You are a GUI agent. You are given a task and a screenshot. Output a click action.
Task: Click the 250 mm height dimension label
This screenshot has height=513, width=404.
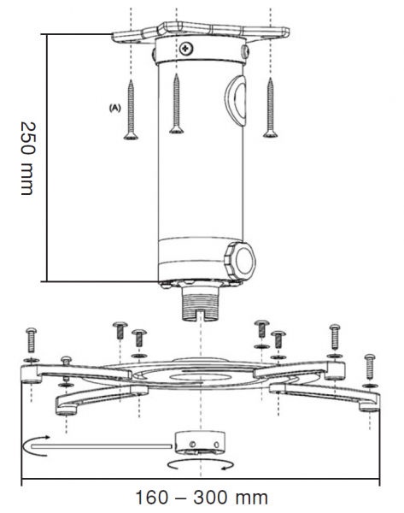(x=26, y=158)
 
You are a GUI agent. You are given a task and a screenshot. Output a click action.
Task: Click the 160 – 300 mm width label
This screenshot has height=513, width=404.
(x=202, y=498)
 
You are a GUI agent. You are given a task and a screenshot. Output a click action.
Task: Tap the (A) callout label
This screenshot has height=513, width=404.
(x=114, y=108)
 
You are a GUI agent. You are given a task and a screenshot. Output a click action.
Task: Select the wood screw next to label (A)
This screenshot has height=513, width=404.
(x=131, y=110)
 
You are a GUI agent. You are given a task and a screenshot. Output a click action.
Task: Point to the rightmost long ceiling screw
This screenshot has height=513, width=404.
(x=270, y=108)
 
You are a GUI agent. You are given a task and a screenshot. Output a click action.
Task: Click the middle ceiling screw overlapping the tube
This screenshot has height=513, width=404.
(x=177, y=103)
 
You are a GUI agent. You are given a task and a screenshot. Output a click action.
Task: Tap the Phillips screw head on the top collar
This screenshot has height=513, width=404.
(x=186, y=49)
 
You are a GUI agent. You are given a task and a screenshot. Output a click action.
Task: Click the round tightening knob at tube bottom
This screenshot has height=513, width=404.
(x=240, y=262)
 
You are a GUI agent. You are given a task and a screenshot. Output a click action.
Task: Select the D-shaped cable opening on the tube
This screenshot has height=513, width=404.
(x=236, y=100)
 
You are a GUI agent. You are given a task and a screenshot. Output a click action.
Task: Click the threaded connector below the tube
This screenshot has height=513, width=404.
(x=201, y=304)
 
